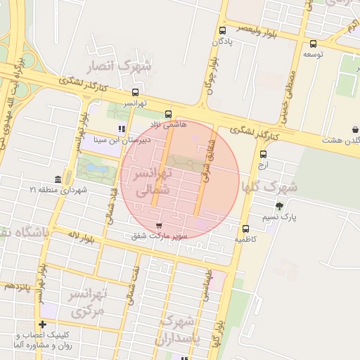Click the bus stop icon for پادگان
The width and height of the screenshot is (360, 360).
point(223,30)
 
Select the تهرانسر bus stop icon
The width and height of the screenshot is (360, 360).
point(135,92)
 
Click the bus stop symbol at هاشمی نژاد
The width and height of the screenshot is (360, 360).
point(167,114)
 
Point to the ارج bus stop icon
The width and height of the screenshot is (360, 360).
point(263,154)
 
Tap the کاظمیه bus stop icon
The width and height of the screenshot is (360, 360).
point(245,229)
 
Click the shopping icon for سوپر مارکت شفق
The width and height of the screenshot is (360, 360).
point(168,226)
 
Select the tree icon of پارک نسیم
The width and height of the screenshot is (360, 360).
point(280,206)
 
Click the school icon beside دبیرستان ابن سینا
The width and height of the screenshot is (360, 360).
point(122,129)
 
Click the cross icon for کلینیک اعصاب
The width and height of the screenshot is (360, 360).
point(43,325)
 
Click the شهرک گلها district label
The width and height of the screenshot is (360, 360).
point(270,186)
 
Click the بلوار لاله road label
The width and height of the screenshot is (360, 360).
point(77,236)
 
